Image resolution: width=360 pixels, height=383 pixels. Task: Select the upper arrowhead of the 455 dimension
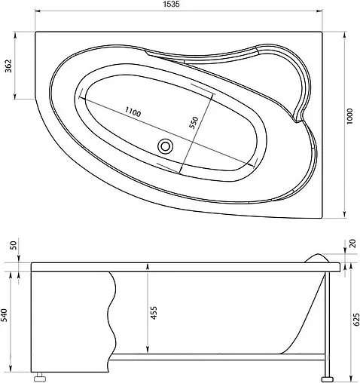pyautogui.click(x=148, y=269)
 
